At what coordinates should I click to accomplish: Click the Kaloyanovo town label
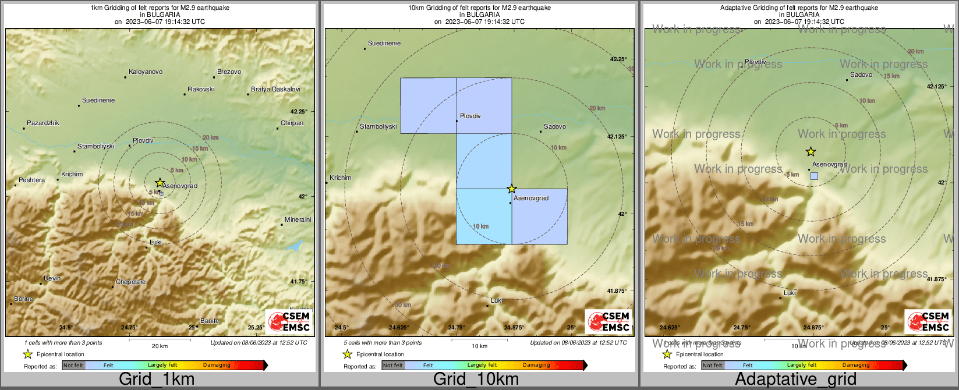(146, 72)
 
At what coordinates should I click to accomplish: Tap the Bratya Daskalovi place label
(275, 90)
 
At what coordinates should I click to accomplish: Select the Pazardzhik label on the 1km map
(43, 123)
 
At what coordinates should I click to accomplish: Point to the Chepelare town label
(130, 282)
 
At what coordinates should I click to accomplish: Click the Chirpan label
(292, 123)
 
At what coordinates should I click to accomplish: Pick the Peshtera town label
(31, 180)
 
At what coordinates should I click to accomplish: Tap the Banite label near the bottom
(210, 321)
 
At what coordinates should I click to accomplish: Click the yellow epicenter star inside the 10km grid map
(511, 189)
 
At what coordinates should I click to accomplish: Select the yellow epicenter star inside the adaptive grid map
(811, 152)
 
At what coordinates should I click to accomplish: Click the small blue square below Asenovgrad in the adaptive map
(814, 176)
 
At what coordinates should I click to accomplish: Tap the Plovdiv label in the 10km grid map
(470, 116)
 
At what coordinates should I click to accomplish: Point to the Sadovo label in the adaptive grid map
(861, 75)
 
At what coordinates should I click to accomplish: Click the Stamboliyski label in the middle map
(378, 127)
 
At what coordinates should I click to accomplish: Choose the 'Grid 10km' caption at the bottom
(476, 380)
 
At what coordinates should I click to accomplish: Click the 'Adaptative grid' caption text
(795, 380)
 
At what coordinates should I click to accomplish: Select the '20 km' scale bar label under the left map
(160, 346)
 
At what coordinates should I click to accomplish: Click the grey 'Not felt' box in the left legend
(73, 366)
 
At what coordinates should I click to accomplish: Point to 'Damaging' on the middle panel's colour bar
(536, 366)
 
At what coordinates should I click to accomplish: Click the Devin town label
(52, 279)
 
